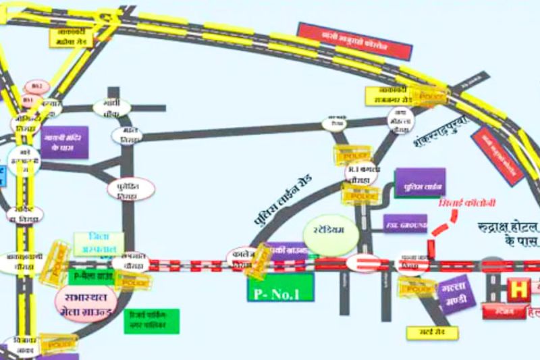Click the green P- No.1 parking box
tap(281, 287)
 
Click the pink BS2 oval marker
tap(36, 86)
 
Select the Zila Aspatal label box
tap(99, 244)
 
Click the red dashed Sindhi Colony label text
tap(461, 203)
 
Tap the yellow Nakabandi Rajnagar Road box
tap(390, 95)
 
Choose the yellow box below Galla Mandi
tap(432, 332)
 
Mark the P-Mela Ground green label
tap(91, 276)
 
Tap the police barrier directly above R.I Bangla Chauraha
tap(353, 155)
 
